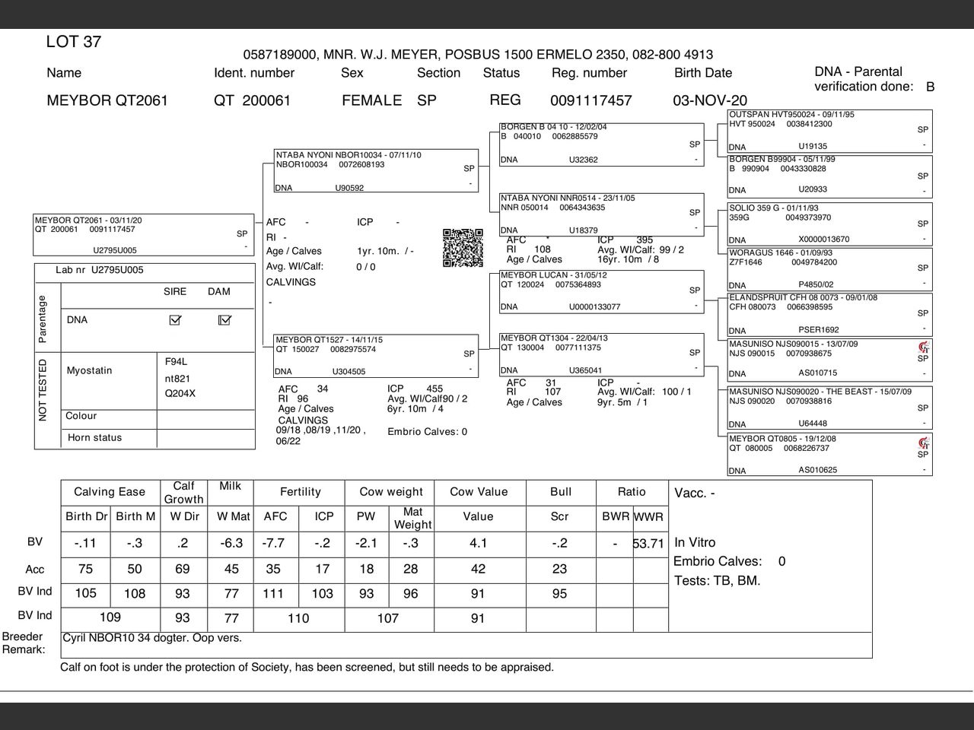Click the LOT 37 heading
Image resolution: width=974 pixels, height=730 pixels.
point(74,42)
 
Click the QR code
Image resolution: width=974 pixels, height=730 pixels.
point(463,248)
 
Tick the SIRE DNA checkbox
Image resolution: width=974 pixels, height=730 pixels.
point(175,320)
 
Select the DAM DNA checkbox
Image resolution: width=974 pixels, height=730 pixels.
point(224,320)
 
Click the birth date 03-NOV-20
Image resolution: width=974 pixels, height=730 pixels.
point(709,100)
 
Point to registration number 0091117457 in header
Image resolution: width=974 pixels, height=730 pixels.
point(590,100)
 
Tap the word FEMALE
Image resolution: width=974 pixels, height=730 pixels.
point(371,100)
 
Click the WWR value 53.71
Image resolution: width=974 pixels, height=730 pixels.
point(649,544)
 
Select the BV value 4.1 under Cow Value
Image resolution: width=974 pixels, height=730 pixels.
point(478,544)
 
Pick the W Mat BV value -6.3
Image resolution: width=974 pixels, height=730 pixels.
point(231,544)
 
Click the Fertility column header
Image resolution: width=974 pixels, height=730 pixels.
point(300,492)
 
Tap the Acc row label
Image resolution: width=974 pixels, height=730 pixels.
point(35,570)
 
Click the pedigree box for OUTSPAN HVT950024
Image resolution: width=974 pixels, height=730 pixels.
point(829,131)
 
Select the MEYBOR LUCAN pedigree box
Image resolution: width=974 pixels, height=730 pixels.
point(601,291)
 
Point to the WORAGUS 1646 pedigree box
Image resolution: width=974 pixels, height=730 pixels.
point(829,268)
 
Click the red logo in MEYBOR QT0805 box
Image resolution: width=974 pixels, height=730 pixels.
point(924,443)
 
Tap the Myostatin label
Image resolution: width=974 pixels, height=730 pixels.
point(89,370)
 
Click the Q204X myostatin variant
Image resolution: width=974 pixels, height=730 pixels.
point(180,394)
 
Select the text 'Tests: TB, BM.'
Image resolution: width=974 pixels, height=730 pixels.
point(717,581)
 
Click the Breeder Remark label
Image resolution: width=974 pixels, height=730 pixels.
point(23,643)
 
